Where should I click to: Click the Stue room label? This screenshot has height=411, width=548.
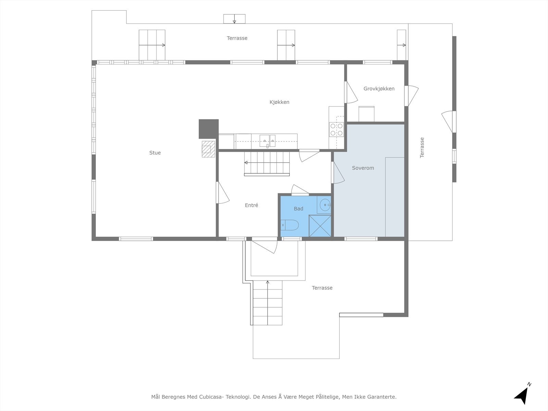155,153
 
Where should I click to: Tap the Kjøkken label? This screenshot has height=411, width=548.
279,102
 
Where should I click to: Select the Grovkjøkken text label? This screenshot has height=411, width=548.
379,89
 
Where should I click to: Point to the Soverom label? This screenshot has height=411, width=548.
363,168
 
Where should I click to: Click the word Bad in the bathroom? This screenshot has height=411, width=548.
298,209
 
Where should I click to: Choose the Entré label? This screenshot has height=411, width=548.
251,205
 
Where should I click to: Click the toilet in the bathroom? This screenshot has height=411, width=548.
290,225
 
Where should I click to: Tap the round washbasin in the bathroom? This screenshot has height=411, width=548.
325,205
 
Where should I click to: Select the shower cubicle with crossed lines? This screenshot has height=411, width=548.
320,226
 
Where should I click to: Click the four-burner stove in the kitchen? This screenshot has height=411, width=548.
336,129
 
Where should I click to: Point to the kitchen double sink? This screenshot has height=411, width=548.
267,141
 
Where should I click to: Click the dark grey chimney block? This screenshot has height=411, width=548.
209,129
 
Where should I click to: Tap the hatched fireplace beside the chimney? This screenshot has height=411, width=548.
209,149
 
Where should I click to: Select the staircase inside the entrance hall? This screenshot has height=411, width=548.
267,164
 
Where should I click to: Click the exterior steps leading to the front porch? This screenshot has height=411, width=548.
267,303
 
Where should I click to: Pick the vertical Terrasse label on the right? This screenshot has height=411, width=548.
422,148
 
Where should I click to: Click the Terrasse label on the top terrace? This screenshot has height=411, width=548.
237,38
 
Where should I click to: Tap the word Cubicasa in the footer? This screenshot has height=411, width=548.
211,397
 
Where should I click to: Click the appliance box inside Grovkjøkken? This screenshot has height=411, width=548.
366,114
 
